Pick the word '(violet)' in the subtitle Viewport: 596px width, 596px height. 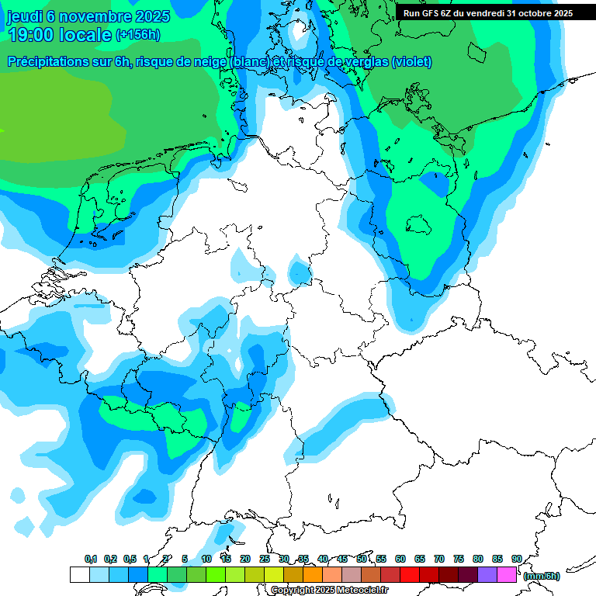tap(412, 62)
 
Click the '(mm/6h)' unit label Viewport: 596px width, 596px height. tap(541, 575)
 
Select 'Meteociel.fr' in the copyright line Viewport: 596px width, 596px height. tap(363, 591)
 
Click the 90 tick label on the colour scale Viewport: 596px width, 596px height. tap(517, 559)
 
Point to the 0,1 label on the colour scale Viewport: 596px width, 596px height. tap(90, 559)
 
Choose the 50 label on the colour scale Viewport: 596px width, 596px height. tap(362, 559)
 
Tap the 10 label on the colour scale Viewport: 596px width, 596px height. tap(206, 559)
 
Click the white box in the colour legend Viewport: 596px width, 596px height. tap(79, 574)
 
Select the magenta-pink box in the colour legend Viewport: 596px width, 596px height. tap(506, 574)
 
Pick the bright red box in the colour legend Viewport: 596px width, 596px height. tap(409, 574)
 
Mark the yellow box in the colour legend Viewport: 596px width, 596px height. tap(273, 574)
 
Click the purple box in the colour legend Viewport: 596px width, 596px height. tap(487, 574)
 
